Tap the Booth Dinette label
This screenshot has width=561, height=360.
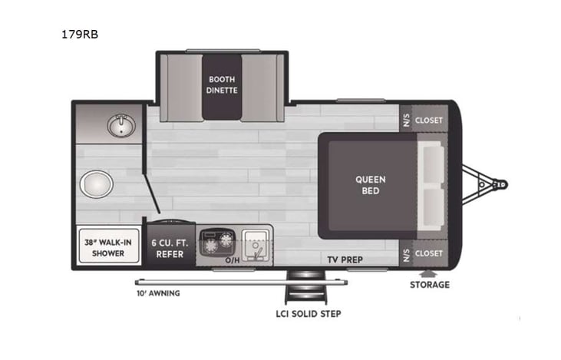click(x=223, y=84)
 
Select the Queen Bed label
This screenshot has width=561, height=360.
click(x=370, y=185)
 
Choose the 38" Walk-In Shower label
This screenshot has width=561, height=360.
click(x=107, y=246)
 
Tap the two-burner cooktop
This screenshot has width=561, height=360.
click(x=216, y=243)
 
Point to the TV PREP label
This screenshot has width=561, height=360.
click(x=344, y=259)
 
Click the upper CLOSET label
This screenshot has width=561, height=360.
click(x=430, y=121)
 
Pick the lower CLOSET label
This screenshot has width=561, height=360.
click(x=430, y=253)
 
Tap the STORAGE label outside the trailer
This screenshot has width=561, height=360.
click(x=429, y=285)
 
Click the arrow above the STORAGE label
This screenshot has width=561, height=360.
click(x=427, y=272)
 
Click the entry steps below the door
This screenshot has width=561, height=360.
click(x=299, y=288)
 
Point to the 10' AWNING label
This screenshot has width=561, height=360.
click(x=158, y=292)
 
